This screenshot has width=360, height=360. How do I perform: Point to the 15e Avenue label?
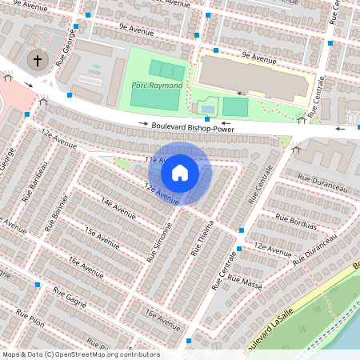click(x=102, y=236)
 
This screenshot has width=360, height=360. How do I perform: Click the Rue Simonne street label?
click(x=159, y=242)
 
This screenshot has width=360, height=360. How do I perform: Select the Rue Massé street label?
click(x=246, y=281)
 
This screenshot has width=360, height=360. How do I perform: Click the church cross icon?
click(x=37, y=60)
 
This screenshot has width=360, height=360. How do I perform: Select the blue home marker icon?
click(x=180, y=172)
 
